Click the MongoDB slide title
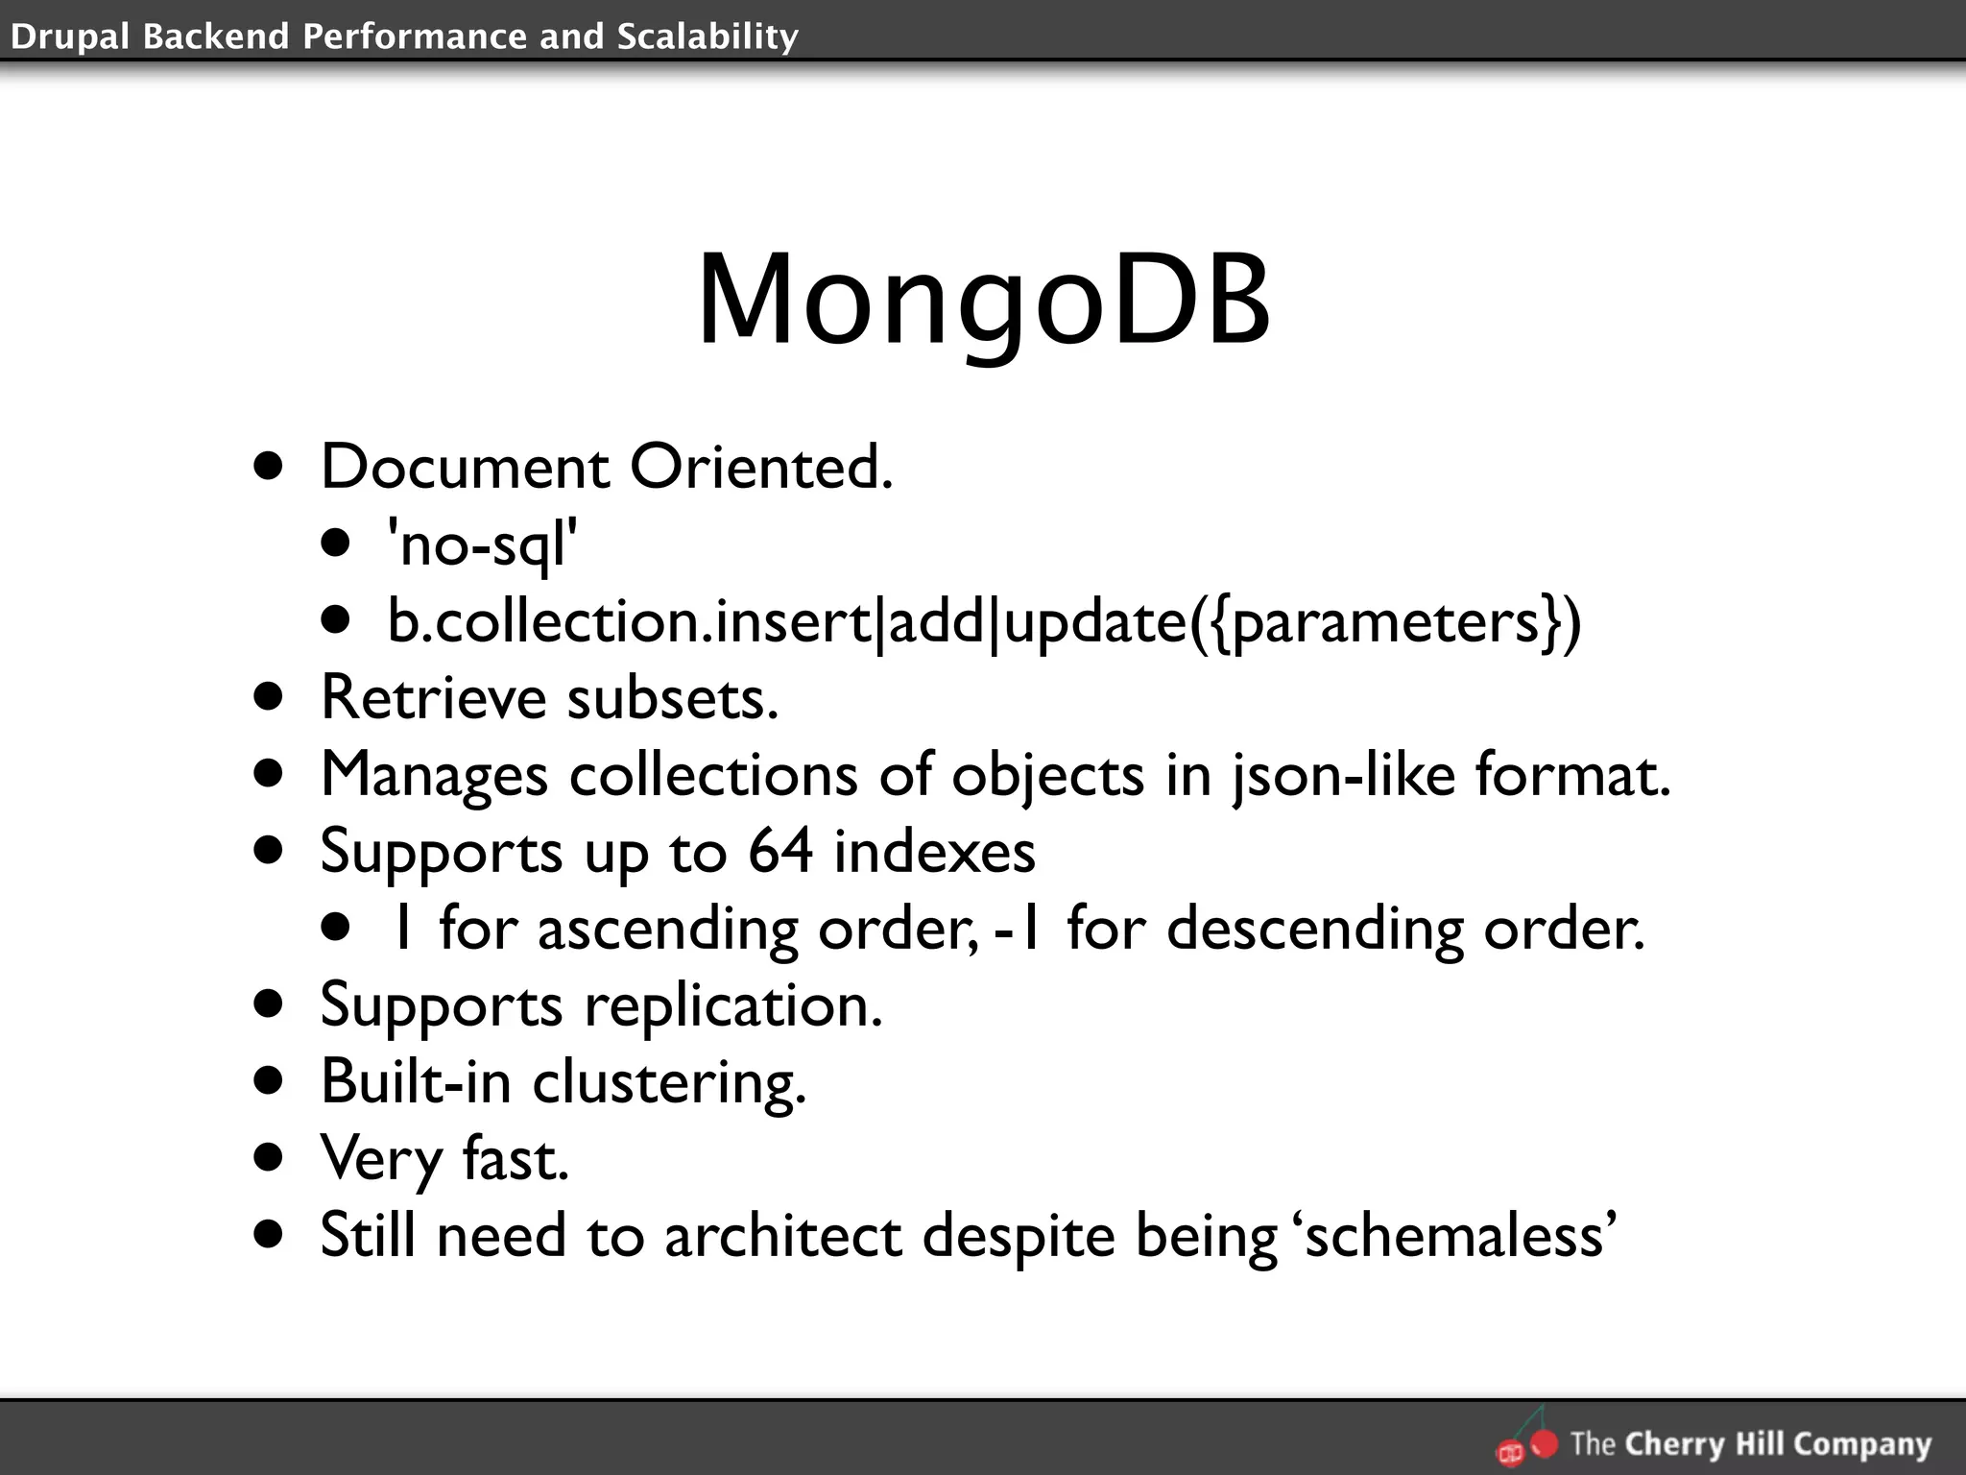point(983,300)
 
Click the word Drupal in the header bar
point(68,36)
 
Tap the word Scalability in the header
point(707,36)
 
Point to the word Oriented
point(760,468)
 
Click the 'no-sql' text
point(482,544)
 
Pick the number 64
point(780,851)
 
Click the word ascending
point(667,929)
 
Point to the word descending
point(1314,929)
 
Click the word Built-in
point(415,1082)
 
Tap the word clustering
point(669,1082)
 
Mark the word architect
point(782,1235)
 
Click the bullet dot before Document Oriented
point(270,468)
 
